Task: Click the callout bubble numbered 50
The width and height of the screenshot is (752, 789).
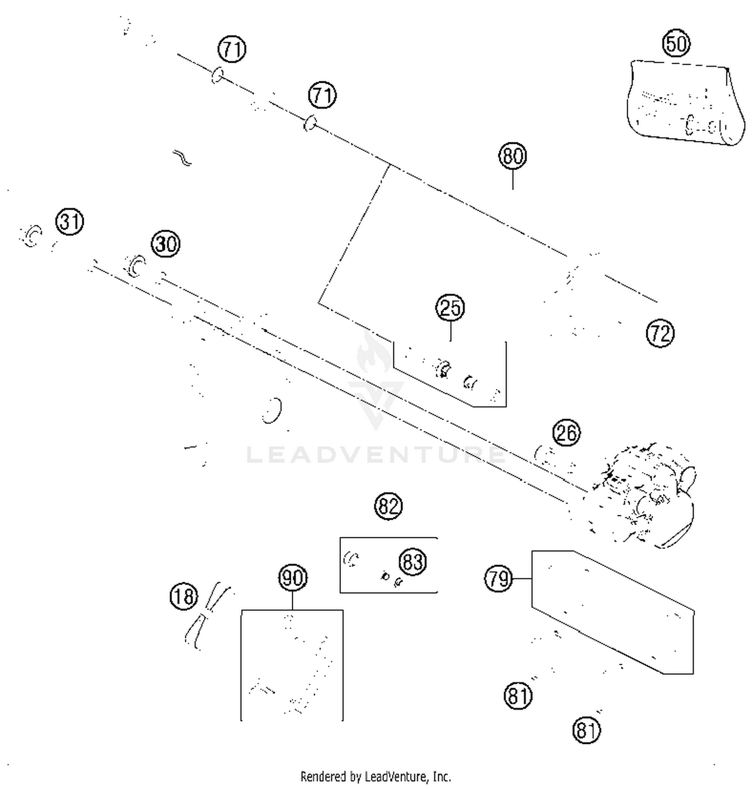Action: click(676, 44)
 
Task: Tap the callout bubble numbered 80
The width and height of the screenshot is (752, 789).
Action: click(512, 156)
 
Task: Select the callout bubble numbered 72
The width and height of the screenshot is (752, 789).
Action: click(660, 333)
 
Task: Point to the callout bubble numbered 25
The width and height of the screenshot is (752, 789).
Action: click(450, 308)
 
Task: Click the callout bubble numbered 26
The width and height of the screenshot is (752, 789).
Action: click(567, 433)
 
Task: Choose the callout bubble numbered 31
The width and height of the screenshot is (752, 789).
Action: click(70, 222)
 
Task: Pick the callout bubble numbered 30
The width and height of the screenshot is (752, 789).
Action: click(166, 244)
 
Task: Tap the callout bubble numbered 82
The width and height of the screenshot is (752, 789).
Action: click(389, 506)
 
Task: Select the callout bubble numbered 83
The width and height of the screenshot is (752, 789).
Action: click(413, 561)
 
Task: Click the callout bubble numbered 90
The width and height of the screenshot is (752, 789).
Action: click(293, 578)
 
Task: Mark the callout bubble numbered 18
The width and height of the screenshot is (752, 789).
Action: click(184, 597)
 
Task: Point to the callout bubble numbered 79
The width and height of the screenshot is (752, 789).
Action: click(498, 579)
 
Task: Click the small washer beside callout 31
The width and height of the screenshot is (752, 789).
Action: click(31, 236)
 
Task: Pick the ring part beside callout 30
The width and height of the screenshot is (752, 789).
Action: click(135, 265)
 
